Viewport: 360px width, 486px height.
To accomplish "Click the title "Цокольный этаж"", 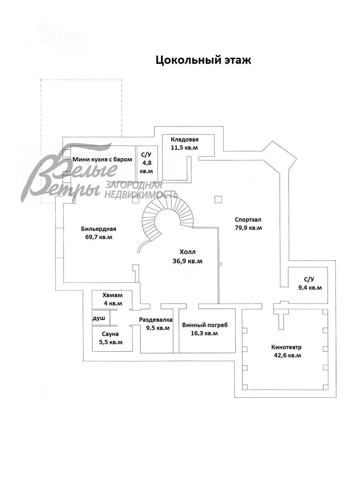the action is pyautogui.click(x=203, y=60).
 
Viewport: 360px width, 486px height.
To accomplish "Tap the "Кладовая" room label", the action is pyautogui.click(x=185, y=140).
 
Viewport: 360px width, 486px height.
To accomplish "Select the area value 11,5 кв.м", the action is pyautogui.click(x=184, y=148).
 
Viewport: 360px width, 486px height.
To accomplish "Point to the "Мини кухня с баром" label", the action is pyautogui.click(x=102, y=159).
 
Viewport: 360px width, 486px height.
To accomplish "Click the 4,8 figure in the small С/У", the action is pyautogui.click(x=146, y=163).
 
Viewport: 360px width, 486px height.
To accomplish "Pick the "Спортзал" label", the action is pyautogui.click(x=248, y=219).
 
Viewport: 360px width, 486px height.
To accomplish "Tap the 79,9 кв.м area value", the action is pyautogui.click(x=248, y=228).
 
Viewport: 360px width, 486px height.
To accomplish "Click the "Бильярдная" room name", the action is pyautogui.click(x=98, y=229).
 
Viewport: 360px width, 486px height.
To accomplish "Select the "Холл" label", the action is pyautogui.click(x=187, y=252).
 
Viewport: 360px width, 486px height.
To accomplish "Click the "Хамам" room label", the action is pyautogui.click(x=113, y=295).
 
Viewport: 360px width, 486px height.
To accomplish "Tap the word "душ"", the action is pyautogui.click(x=99, y=318).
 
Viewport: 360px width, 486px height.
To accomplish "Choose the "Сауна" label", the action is pyautogui.click(x=110, y=334).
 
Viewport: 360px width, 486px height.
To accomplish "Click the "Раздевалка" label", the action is pyautogui.click(x=156, y=320).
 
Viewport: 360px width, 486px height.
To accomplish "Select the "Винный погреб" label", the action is pyautogui.click(x=205, y=325).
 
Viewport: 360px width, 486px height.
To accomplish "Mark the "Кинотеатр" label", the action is pyautogui.click(x=286, y=347).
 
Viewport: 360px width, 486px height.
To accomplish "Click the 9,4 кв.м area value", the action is pyautogui.click(x=310, y=288).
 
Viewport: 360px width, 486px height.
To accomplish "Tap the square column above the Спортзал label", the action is pyautogui.click(x=218, y=200).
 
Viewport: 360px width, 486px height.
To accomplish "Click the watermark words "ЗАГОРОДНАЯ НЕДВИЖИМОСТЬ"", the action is pyautogui.click(x=141, y=190).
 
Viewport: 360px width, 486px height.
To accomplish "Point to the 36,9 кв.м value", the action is pyautogui.click(x=187, y=261).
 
